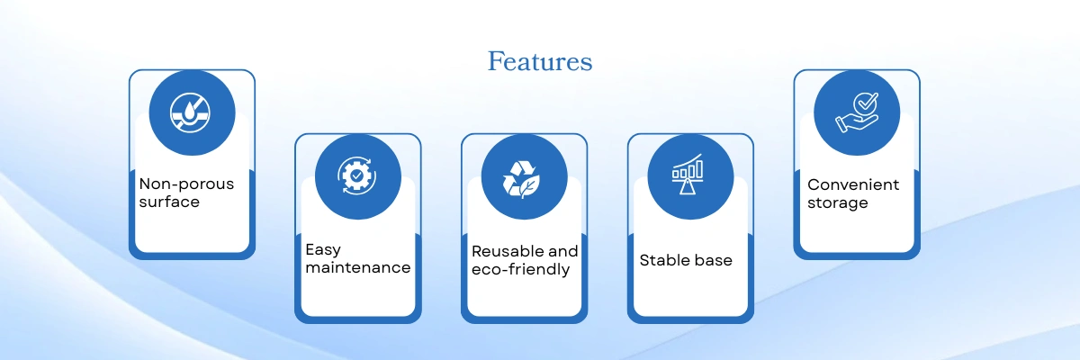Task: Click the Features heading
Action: [x=540, y=61]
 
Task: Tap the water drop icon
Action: [x=190, y=112]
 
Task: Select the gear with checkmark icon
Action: [x=356, y=175]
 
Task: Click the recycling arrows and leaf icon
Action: [x=522, y=179]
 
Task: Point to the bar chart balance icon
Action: [x=688, y=174]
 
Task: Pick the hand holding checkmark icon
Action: [x=857, y=112]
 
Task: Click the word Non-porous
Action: [x=186, y=184]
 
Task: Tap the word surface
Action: [x=169, y=202]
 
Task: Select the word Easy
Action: [x=323, y=250]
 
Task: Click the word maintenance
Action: [x=358, y=267]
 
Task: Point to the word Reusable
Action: [x=508, y=251]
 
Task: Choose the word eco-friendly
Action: [x=521, y=269]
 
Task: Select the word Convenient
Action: [x=853, y=184]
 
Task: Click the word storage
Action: [x=838, y=203]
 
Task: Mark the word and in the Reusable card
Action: [x=563, y=251]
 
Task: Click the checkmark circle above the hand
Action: [x=866, y=103]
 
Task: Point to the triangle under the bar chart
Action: [x=686, y=187]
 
